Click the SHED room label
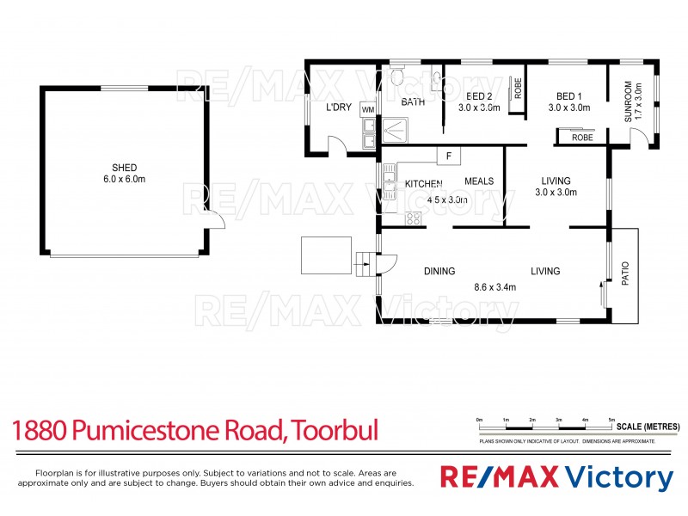point(125,168)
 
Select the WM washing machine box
point(368,110)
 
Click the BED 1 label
point(569,95)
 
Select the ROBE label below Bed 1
point(582,137)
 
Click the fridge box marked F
point(448,156)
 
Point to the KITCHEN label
point(423,184)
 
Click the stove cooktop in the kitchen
point(413,218)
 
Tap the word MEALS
point(479,181)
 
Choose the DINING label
point(439,272)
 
